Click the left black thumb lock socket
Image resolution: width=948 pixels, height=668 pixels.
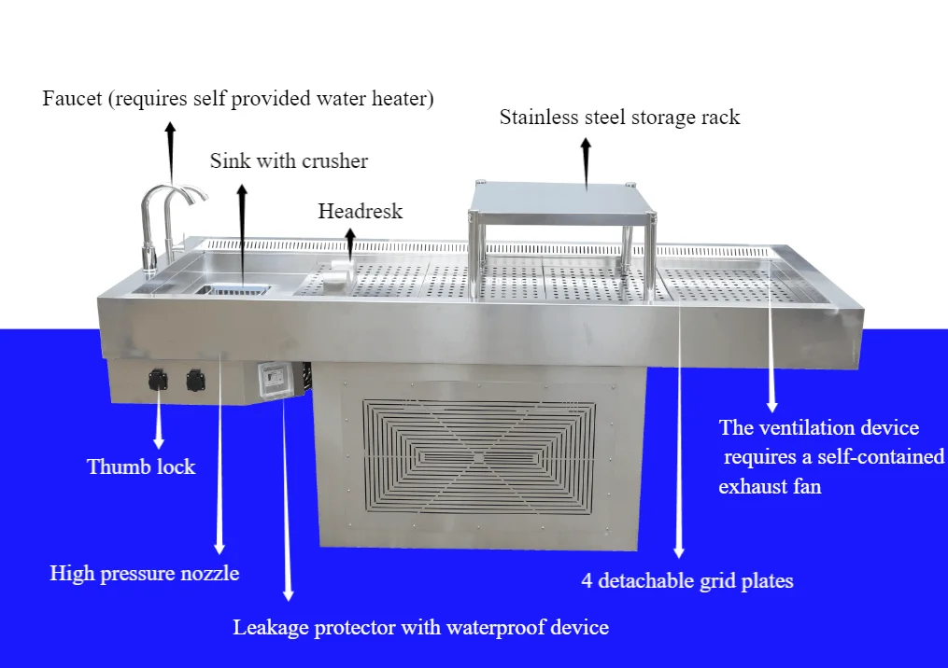[x=156, y=379]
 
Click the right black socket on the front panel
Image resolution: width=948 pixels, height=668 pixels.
[x=195, y=379]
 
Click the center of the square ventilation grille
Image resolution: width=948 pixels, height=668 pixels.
[x=478, y=456]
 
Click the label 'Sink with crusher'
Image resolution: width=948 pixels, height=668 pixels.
[x=289, y=161]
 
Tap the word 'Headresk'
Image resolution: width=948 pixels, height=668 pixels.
[x=360, y=211]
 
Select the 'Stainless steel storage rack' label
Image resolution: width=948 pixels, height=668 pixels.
[x=619, y=118]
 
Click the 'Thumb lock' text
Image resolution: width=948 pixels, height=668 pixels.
[x=141, y=466]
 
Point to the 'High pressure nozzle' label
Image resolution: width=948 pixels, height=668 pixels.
[x=144, y=573]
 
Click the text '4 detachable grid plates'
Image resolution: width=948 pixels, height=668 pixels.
[x=687, y=580]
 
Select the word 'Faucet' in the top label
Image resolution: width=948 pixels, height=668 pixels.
[x=73, y=99]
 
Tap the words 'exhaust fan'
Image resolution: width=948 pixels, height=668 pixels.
[x=770, y=486]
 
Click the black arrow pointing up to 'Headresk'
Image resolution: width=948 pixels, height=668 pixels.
[x=350, y=243]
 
